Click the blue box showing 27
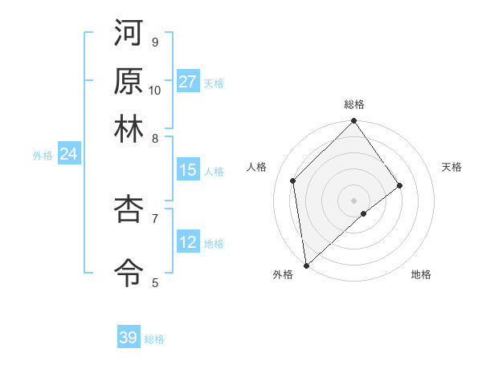click(188, 82)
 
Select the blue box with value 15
click(188, 170)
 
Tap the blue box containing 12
click(188, 242)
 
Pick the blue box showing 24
click(68, 154)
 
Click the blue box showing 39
click(129, 338)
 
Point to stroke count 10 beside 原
click(155, 90)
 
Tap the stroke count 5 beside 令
click(155, 282)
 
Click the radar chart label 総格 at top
click(354, 104)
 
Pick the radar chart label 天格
click(451, 167)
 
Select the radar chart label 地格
click(421, 275)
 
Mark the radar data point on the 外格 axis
click(306, 265)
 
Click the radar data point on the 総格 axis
click(354, 122)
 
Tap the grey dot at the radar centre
click(354, 200)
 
